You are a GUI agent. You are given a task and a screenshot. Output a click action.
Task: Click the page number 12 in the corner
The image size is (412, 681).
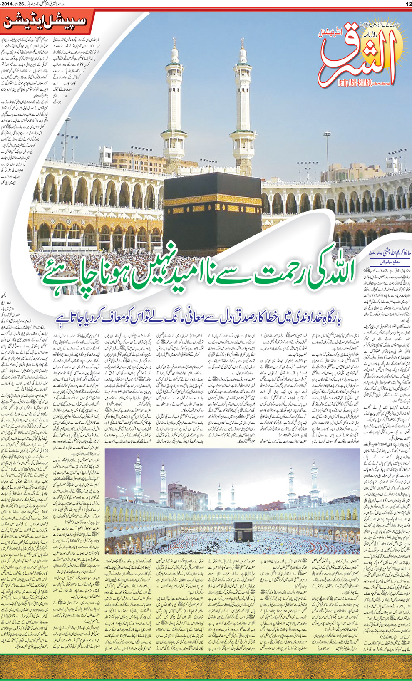408,4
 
